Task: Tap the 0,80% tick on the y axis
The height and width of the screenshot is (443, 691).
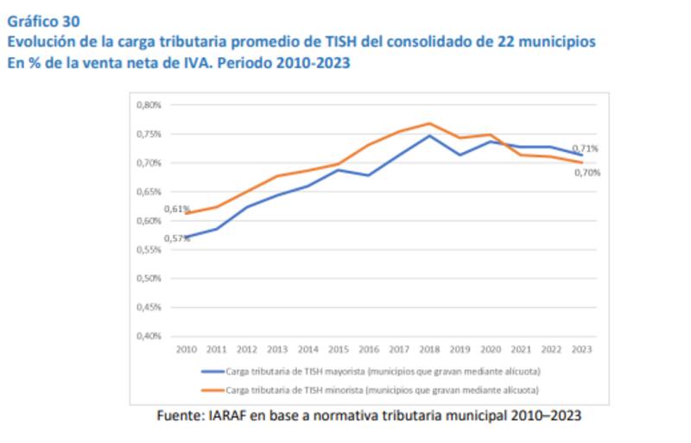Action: pyautogui.click(x=149, y=105)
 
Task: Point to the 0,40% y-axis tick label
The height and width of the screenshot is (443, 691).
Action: pyautogui.click(x=149, y=336)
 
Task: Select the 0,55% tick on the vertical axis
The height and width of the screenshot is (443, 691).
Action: pyautogui.click(x=149, y=250)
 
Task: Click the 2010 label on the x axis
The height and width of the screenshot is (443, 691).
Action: pyautogui.click(x=186, y=349)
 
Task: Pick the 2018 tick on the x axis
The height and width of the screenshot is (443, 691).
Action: pyautogui.click(x=429, y=349)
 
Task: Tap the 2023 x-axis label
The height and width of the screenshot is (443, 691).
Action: pyautogui.click(x=581, y=349)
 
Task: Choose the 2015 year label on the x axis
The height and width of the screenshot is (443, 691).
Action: pyautogui.click(x=338, y=349)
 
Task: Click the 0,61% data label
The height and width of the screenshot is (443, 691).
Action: pyautogui.click(x=176, y=209)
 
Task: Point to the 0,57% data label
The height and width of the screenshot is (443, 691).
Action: pyautogui.click(x=176, y=238)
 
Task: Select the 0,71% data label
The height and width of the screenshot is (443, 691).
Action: pyautogui.click(x=586, y=149)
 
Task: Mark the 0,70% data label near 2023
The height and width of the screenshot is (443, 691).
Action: pyautogui.click(x=587, y=173)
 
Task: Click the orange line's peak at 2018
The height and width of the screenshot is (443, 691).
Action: pyautogui.click(x=429, y=123)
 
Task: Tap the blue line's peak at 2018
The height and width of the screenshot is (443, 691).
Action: pyautogui.click(x=429, y=136)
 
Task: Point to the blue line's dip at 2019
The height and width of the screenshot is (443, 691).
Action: pyautogui.click(x=460, y=155)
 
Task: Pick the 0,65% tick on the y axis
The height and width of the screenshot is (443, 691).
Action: pyautogui.click(x=149, y=192)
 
